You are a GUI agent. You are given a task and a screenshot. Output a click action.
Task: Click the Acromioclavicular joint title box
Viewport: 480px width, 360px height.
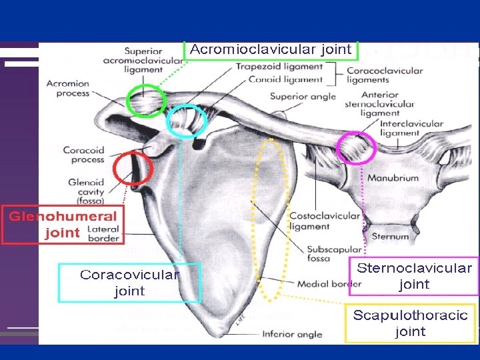(270, 50)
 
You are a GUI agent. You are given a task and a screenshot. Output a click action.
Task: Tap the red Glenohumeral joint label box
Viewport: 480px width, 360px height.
(63, 224)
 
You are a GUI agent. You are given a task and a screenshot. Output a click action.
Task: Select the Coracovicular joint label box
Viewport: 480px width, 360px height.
(129, 283)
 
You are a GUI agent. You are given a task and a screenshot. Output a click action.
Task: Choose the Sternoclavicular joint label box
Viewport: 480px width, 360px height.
(414, 276)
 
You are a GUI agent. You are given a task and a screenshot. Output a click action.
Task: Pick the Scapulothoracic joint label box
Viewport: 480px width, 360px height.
(410, 323)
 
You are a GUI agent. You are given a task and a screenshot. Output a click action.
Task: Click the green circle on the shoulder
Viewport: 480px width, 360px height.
(146, 101)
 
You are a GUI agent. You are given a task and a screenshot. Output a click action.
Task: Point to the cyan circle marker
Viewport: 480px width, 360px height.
(187, 121)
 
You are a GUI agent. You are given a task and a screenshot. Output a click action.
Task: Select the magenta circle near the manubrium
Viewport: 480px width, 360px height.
(358, 148)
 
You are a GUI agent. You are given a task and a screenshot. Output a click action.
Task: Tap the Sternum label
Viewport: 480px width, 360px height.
(385, 236)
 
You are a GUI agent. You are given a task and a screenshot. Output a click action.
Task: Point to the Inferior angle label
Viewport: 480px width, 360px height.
(292, 334)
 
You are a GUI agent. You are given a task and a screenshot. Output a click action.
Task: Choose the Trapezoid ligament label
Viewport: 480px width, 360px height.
(278, 67)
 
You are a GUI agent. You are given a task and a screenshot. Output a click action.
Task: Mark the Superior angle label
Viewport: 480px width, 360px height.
(303, 97)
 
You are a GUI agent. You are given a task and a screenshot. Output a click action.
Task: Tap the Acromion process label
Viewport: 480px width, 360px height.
(67, 89)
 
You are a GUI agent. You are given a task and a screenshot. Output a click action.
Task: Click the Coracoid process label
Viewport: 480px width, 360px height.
(83, 155)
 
